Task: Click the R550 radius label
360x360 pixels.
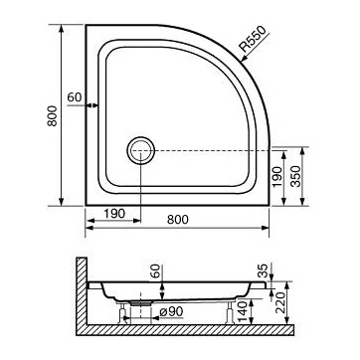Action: coord(254,39)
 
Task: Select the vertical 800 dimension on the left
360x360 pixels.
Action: coord(52,115)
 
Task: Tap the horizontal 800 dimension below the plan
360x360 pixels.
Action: coord(178,220)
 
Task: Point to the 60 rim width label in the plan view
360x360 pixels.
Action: coord(75,97)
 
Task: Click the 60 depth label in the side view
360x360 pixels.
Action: coord(156,271)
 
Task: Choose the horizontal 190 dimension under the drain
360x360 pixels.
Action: coord(114,214)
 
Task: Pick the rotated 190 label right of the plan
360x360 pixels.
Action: coord(277,177)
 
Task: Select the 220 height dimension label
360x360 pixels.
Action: coord(280,302)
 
